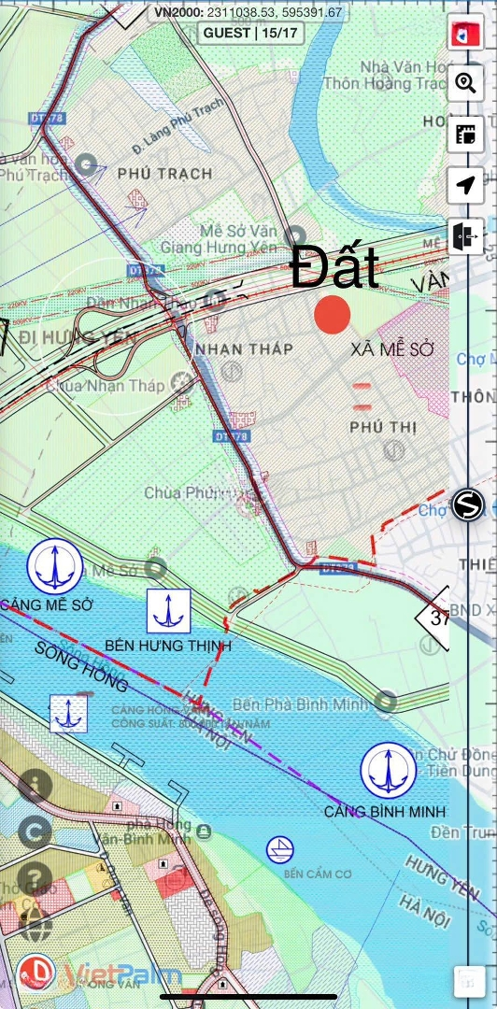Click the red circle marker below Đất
pos(333,314)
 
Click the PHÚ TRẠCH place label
pos(165,174)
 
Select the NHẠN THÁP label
pos(244,348)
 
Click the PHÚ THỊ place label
pos(383,427)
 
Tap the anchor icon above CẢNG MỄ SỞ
pos(55,565)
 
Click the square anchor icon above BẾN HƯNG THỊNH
pos(169,611)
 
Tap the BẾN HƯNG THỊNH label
pos(168,646)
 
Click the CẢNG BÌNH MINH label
pos(385,811)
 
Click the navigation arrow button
pos(465,185)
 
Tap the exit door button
pos(465,236)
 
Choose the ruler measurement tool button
pos(465,134)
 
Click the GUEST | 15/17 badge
pos(248,33)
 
